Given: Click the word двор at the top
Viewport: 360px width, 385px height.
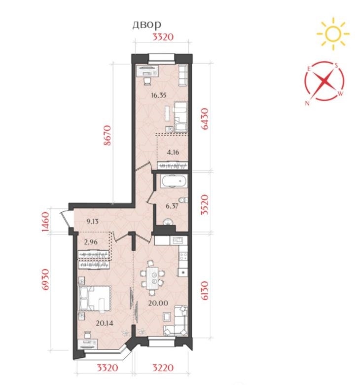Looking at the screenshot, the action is pos(147,25).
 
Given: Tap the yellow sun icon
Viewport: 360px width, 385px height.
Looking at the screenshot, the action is pos(333,34).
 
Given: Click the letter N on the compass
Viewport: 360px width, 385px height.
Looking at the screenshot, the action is pos(307,103).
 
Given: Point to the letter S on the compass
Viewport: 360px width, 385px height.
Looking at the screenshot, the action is pos(336,65).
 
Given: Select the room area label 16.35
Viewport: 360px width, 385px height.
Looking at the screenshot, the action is pos(158,95).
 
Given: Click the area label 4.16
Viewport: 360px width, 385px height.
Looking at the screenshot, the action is pos(173,153).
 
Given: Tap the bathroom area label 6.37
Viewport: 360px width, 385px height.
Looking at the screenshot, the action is pos(172,206).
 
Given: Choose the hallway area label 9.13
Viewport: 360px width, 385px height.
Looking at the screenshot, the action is pos(92,222).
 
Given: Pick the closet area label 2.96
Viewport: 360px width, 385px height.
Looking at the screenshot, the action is pos(91,242).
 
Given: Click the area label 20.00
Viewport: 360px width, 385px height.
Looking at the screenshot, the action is pos(158,303).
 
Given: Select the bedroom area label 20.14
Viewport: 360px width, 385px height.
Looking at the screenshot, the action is pos(105,323).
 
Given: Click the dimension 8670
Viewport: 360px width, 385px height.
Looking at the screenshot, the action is pos(108,136).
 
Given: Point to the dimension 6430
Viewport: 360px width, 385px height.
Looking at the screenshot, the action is pos(205,119).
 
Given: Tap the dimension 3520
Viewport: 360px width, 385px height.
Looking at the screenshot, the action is pos(205,205).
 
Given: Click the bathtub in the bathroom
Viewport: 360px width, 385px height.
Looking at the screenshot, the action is pos(174,181).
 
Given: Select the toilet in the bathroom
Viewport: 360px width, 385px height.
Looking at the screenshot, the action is pos(183,200).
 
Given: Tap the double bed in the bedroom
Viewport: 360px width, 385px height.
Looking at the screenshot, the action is pos(95,298).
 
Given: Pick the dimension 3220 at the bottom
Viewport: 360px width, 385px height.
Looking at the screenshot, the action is pos(163,368).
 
